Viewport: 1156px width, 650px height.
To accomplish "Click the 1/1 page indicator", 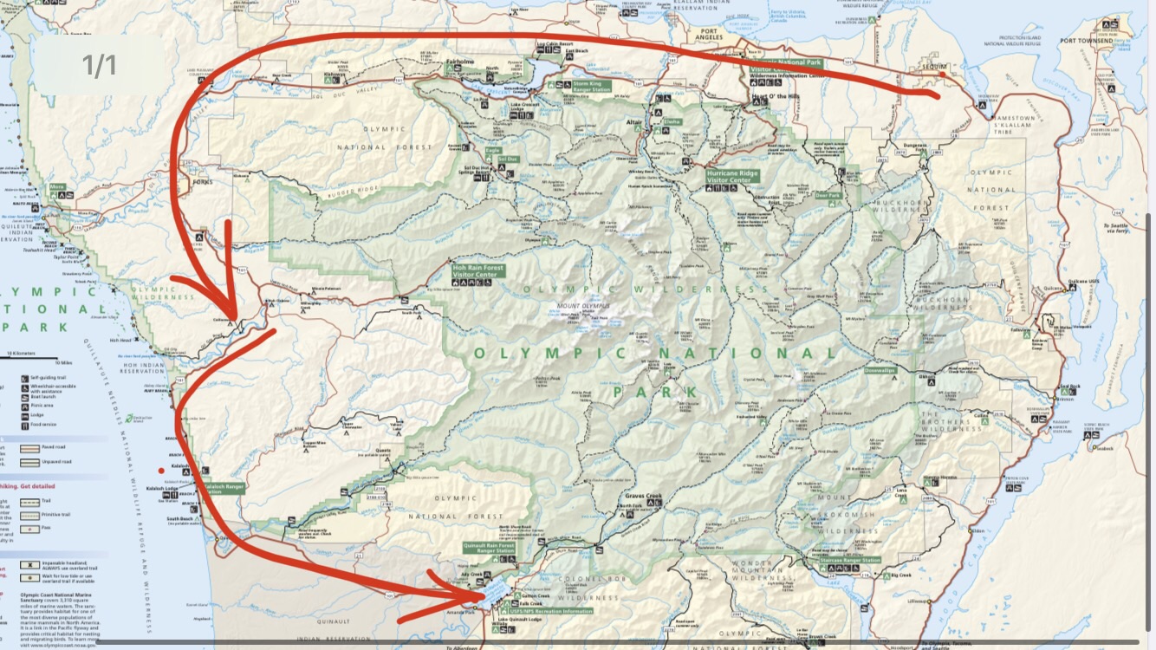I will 100,65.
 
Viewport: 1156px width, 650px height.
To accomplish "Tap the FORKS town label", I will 201,182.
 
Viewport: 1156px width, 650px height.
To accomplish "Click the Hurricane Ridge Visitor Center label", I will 733,176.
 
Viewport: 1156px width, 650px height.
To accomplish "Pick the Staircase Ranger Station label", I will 850,560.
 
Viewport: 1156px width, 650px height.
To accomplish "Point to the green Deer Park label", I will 828,195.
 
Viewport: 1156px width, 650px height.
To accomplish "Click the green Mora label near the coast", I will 57,186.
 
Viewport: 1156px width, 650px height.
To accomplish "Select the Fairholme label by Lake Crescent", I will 459,63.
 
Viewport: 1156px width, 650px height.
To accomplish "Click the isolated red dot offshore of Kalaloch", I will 160,471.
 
